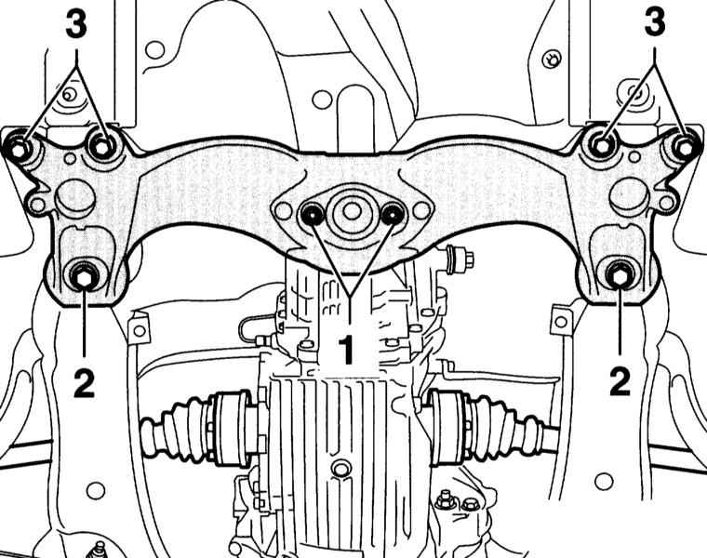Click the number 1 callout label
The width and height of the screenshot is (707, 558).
[x=346, y=350]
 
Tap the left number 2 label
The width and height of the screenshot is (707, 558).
[x=85, y=382]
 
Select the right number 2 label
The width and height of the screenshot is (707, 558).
[x=620, y=382]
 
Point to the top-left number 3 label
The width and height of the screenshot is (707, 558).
[x=76, y=24]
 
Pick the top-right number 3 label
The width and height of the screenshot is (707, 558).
[x=655, y=22]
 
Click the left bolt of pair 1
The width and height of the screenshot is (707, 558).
[x=312, y=214]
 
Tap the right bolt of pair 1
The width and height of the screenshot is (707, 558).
[x=393, y=214]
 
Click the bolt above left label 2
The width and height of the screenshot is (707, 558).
[x=85, y=276]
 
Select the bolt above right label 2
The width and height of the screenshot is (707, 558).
[x=620, y=275]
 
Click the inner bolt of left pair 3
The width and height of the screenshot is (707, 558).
[x=103, y=146]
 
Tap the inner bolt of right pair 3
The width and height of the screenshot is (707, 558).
[x=603, y=145]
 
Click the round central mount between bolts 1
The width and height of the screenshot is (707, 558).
[x=353, y=211]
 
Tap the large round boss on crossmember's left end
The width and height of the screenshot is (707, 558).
[x=75, y=197]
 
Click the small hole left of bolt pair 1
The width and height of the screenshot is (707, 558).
[x=283, y=210]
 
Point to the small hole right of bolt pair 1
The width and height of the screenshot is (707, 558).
[x=421, y=209]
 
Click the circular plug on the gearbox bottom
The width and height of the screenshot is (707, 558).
[x=339, y=469]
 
